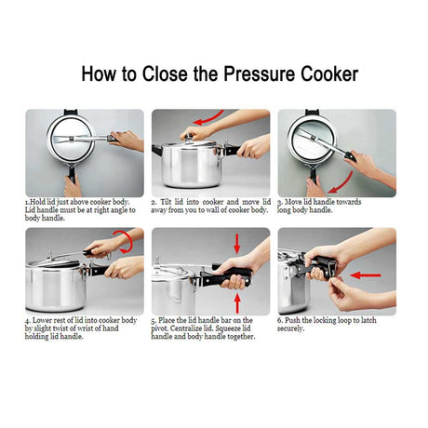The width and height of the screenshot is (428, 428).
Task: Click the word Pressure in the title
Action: (x=260, y=74)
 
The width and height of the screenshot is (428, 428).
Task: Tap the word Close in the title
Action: (x=165, y=74)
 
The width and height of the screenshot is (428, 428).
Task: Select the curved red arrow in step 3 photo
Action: (x=343, y=184)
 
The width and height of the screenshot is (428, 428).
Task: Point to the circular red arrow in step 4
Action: (x=127, y=241)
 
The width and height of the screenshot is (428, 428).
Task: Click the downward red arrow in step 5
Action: (x=237, y=244)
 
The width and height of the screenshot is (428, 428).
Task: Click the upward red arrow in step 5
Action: (x=237, y=303)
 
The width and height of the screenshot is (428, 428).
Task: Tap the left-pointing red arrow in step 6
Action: (x=366, y=275)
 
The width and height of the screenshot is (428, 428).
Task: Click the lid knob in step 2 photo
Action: (x=189, y=139)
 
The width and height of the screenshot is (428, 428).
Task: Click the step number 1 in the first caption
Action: (x=27, y=202)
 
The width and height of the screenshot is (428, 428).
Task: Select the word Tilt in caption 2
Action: (x=167, y=202)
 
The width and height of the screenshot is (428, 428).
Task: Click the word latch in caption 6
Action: (x=368, y=320)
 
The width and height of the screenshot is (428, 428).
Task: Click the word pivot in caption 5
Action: (x=159, y=328)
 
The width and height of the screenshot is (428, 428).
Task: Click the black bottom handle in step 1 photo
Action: (x=72, y=174)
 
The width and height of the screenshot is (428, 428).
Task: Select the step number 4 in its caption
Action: (x=27, y=320)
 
